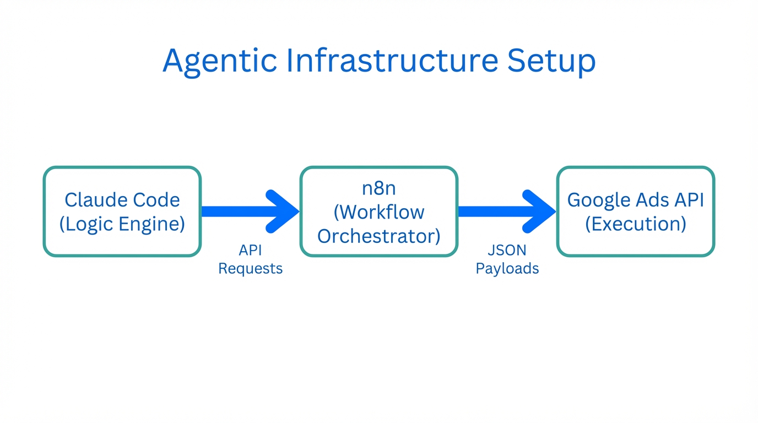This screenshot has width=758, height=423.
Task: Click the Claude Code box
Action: pyautogui.click(x=122, y=211)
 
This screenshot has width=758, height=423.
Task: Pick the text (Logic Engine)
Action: pyautogui.click(x=122, y=224)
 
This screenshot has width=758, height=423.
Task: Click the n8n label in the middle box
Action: pyautogui.click(x=379, y=188)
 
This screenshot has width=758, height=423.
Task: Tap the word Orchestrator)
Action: pyautogui.click(x=379, y=236)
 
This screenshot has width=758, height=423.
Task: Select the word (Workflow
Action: pyautogui.click(x=379, y=212)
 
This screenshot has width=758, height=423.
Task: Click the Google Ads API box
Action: pyautogui.click(x=636, y=211)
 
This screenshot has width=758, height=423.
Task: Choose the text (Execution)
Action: pyautogui.click(x=636, y=224)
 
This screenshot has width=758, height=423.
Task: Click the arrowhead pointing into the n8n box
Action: pyautogui.click(x=284, y=211)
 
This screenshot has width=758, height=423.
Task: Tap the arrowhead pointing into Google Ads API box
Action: pyautogui.click(x=540, y=211)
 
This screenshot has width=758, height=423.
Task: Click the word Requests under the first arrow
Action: pyautogui.click(x=251, y=269)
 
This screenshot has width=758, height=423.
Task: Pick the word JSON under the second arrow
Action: pyautogui.click(x=507, y=251)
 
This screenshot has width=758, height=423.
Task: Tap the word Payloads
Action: pyautogui.click(x=507, y=269)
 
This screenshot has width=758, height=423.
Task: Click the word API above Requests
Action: pyautogui.click(x=251, y=251)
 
